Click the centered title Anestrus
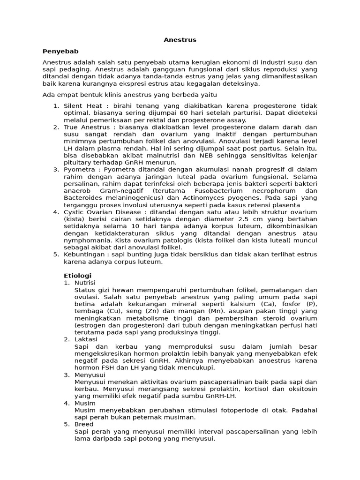[x=180, y=40]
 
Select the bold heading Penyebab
[x=60, y=51]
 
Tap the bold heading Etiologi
[x=77, y=275]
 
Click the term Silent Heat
[x=82, y=106]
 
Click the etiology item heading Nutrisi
[x=85, y=283]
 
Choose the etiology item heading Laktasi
[x=84, y=339]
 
